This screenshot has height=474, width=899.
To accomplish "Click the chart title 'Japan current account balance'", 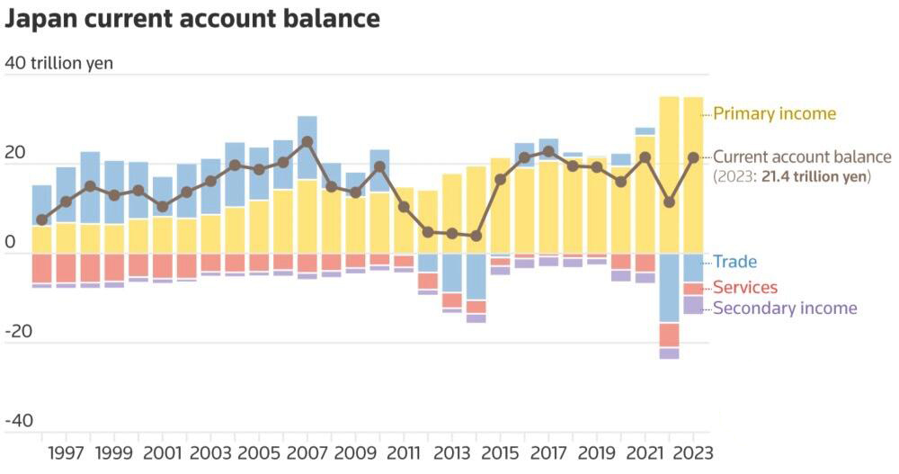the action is pos(192,19).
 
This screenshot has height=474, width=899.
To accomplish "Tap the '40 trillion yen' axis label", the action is pos(58,63).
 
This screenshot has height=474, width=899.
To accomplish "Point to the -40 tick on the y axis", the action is pos(18,421).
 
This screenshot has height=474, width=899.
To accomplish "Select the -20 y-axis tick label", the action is pos(18,331).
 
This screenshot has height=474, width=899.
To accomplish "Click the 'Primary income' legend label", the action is pos(775,113).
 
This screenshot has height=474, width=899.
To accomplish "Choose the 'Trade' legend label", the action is pos(735,262).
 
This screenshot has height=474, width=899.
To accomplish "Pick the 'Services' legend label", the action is pos(745,288).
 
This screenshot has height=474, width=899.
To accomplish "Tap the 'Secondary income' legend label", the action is pos(785,309).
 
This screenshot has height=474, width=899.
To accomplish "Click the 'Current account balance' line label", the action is pos(802,157).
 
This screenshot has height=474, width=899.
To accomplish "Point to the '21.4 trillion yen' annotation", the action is pos(814,176).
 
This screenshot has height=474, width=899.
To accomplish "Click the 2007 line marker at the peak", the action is pos(307,142).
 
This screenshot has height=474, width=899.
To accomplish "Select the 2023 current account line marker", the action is pos(692,157).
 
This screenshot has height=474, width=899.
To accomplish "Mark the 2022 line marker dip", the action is pos(669,202).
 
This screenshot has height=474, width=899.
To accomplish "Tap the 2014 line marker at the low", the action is pos(476,236).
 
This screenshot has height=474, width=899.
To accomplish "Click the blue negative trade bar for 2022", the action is pos(669,289).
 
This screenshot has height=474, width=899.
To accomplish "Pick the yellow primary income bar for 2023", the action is pos(693,175).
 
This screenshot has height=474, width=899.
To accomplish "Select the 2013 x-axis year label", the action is pos(452,452).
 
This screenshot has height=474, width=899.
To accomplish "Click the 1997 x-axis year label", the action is pos(66,452).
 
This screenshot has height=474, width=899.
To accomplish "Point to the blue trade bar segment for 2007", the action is pos(307,148).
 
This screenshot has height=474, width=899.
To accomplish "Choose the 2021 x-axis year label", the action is pos(645,452).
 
